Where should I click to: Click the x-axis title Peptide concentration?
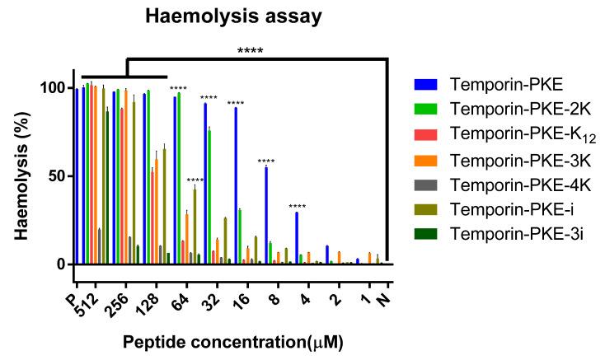pyautogui.click(x=232, y=340)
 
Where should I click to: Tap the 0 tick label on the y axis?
pyautogui.click(x=59, y=264)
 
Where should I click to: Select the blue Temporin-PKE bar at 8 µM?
pyautogui.click(x=266, y=215)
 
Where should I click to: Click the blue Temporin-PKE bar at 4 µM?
pyautogui.click(x=297, y=238)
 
